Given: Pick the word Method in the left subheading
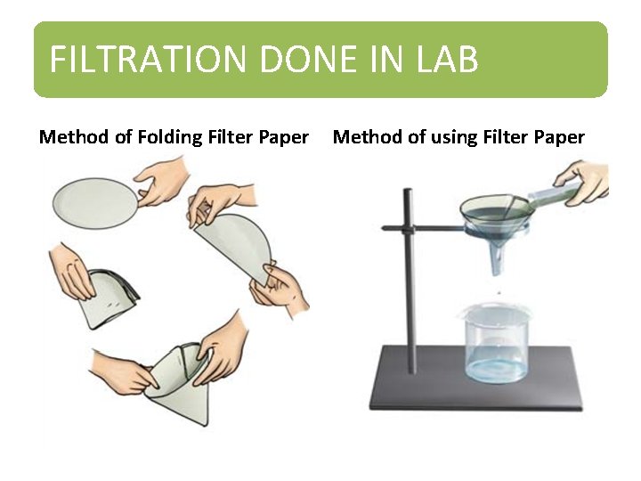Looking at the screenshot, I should click(72, 137).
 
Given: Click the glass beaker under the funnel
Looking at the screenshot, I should click(495, 343).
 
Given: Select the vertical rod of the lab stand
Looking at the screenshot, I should click(409, 267).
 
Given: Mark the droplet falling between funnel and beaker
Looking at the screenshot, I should click(498, 292).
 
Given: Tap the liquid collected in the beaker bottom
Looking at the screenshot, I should click(495, 367).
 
